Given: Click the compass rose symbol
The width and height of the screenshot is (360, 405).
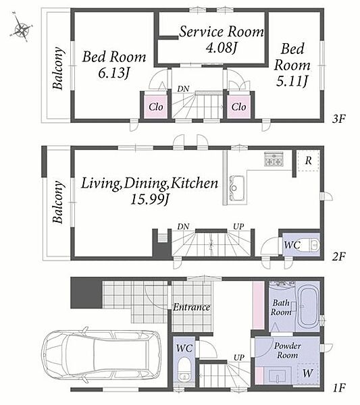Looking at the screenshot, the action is [21, 27].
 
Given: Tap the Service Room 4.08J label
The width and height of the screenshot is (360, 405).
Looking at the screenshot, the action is [222, 39].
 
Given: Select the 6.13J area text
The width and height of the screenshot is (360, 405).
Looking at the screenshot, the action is [113, 74].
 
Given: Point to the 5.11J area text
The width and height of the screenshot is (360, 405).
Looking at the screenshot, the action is [292, 82].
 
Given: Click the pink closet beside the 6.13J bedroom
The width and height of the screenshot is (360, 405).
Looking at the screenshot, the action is [155, 107].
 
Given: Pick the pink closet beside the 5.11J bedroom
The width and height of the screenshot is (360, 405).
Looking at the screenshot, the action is [239, 107].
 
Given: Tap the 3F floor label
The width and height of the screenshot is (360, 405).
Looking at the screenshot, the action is [338, 119].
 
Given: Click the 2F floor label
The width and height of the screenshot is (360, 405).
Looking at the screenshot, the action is [339, 256].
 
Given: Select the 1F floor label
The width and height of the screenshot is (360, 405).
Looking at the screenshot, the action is [339, 387].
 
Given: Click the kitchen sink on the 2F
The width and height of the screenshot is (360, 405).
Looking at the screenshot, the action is [236, 188].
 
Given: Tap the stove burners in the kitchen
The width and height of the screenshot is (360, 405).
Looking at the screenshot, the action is [274, 159].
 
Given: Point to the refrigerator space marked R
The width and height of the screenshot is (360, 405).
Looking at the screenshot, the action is [308, 161].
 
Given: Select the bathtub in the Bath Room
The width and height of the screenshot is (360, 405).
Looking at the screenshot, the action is [307, 307].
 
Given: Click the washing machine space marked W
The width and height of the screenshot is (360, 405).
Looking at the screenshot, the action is [307, 373].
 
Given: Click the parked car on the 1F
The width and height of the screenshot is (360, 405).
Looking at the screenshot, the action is [101, 356].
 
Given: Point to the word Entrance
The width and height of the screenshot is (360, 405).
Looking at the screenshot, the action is [192, 307].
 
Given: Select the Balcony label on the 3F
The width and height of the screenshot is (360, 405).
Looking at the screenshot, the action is [58, 68].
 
